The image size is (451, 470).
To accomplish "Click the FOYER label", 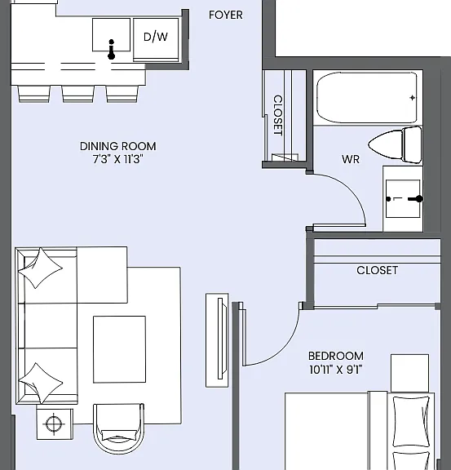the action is coord(226,15).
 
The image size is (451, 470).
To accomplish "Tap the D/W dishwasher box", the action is coord(156,40).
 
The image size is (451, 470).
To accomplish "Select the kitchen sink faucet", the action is coord(112,49).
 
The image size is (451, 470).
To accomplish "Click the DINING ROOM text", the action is coord(117,146).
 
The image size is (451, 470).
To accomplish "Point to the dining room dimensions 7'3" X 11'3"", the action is coord(117,159).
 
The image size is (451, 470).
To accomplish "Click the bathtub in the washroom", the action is coord(367,97).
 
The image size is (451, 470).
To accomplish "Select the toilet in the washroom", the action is coord(395,144).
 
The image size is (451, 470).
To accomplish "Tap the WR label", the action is coord(351,159).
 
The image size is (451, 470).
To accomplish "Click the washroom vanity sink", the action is coord(403,198).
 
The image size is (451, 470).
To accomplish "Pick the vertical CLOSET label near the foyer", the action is coord(278,115).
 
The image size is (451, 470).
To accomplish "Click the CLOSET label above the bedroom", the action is coord(378,270).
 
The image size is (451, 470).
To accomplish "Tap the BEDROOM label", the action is coord(336,356).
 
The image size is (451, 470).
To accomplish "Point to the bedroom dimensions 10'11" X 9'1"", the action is coord(336,370).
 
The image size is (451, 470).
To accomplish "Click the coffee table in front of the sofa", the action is coord(119,349).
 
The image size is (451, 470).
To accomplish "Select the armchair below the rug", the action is coord(119,428).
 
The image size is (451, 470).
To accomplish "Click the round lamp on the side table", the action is coord(54,423).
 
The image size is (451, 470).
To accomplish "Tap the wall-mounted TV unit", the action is coord(217,340).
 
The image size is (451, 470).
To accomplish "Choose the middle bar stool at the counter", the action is coord(78,94).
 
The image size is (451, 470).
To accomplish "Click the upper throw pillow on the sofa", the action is coord(41,268).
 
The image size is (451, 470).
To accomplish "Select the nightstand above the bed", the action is coord(409,373).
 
